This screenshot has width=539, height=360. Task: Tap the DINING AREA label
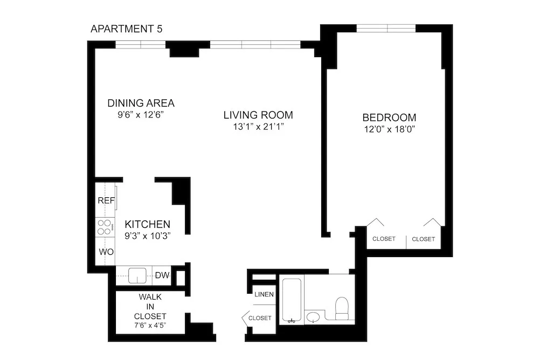click(141, 103)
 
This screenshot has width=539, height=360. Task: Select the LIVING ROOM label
click(258, 115)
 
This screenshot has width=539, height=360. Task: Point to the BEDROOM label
click(389, 117)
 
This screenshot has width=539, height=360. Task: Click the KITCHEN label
click(148, 224)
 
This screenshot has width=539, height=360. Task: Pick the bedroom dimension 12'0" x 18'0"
click(389, 129)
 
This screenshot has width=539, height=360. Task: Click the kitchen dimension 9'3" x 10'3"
click(148, 236)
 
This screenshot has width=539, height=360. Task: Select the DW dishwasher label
click(162, 276)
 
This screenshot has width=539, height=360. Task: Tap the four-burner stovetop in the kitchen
click(105, 227)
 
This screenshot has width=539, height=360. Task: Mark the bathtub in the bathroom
click(292, 301)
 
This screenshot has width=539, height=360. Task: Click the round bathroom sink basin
click(313, 317)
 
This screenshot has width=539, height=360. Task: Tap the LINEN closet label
click(265, 294)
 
